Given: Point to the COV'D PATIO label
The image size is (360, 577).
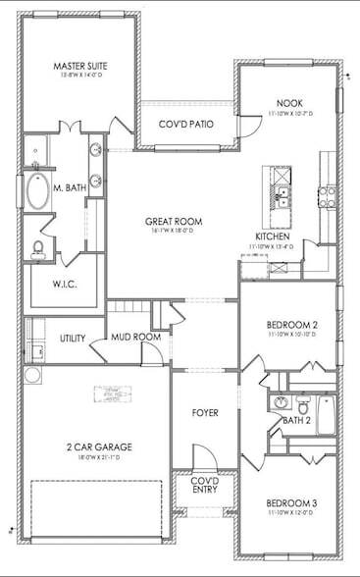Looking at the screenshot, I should (186, 125).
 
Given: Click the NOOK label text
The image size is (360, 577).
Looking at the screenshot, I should (288, 102).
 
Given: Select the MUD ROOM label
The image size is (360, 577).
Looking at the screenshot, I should (135, 338).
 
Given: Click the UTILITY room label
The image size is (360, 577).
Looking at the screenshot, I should (73, 338).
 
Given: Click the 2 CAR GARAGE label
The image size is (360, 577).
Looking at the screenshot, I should (100, 446).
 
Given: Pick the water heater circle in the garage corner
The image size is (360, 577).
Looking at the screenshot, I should (31, 375).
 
